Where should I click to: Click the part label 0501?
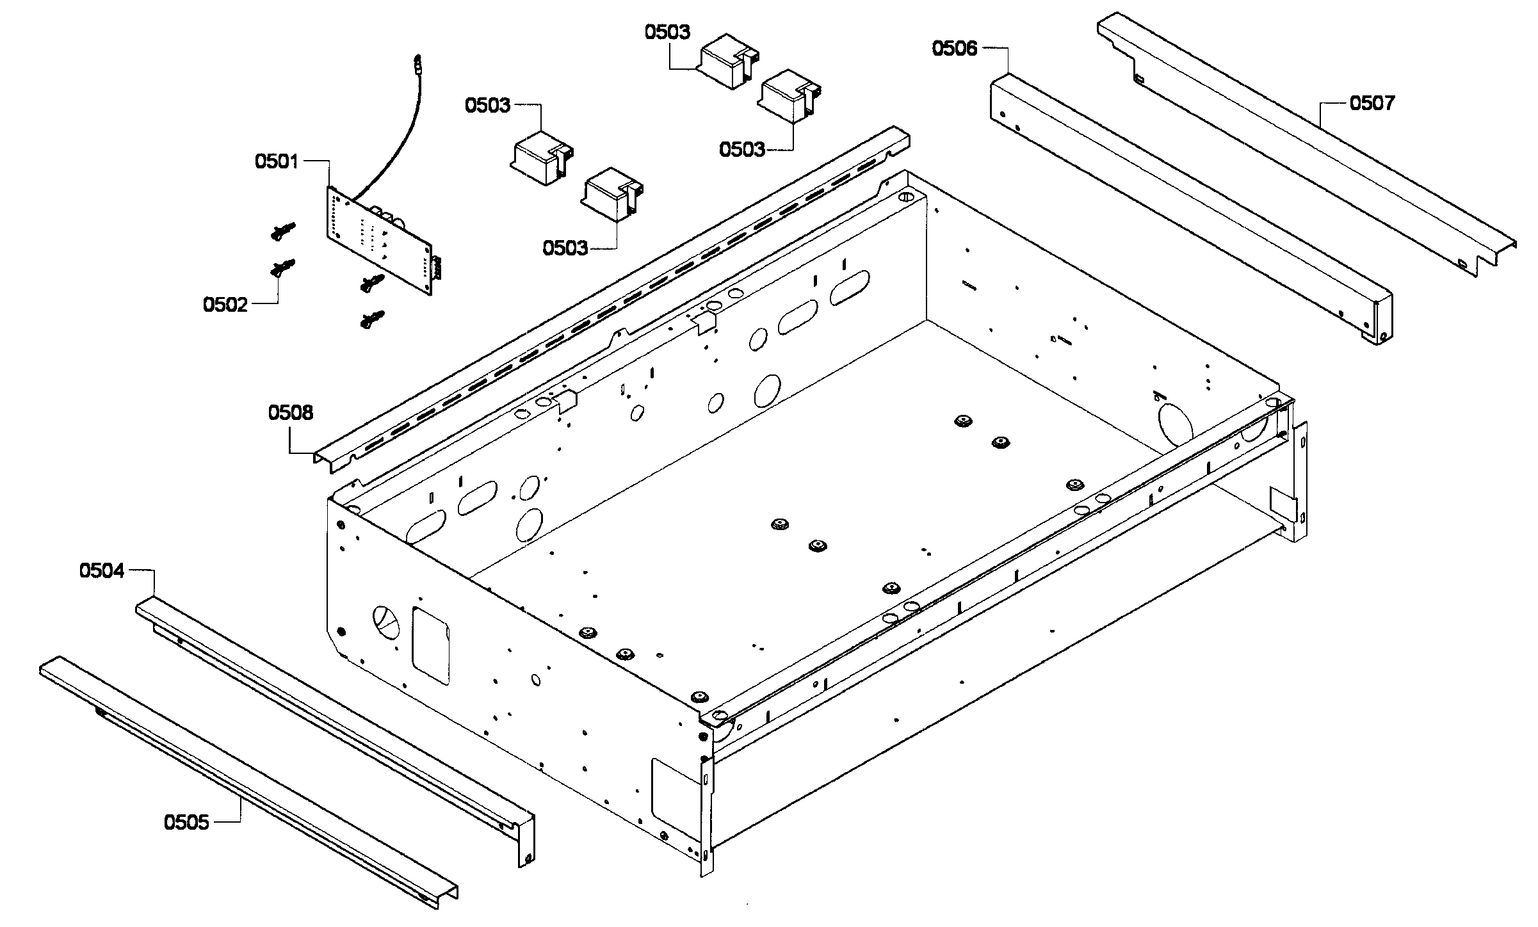[x=277, y=161]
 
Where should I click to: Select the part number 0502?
[x=225, y=305]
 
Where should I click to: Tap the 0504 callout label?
[x=102, y=570]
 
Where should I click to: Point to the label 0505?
[x=186, y=822]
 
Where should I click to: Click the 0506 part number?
[x=955, y=48]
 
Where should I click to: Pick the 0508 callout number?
[x=291, y=413]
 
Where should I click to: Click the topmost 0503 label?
[x=667, y=32]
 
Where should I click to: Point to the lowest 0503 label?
[x=565, y=248]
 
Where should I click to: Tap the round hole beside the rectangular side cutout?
[x=385, y=620]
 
